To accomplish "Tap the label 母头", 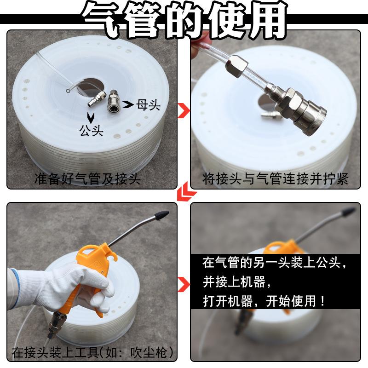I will tap(148, 105).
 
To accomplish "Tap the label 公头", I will tap(91, 131).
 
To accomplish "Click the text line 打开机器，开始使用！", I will tap(264, 301).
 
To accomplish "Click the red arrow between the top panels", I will tap(184, 110).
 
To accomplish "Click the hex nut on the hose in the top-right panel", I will tap(236, 65).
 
